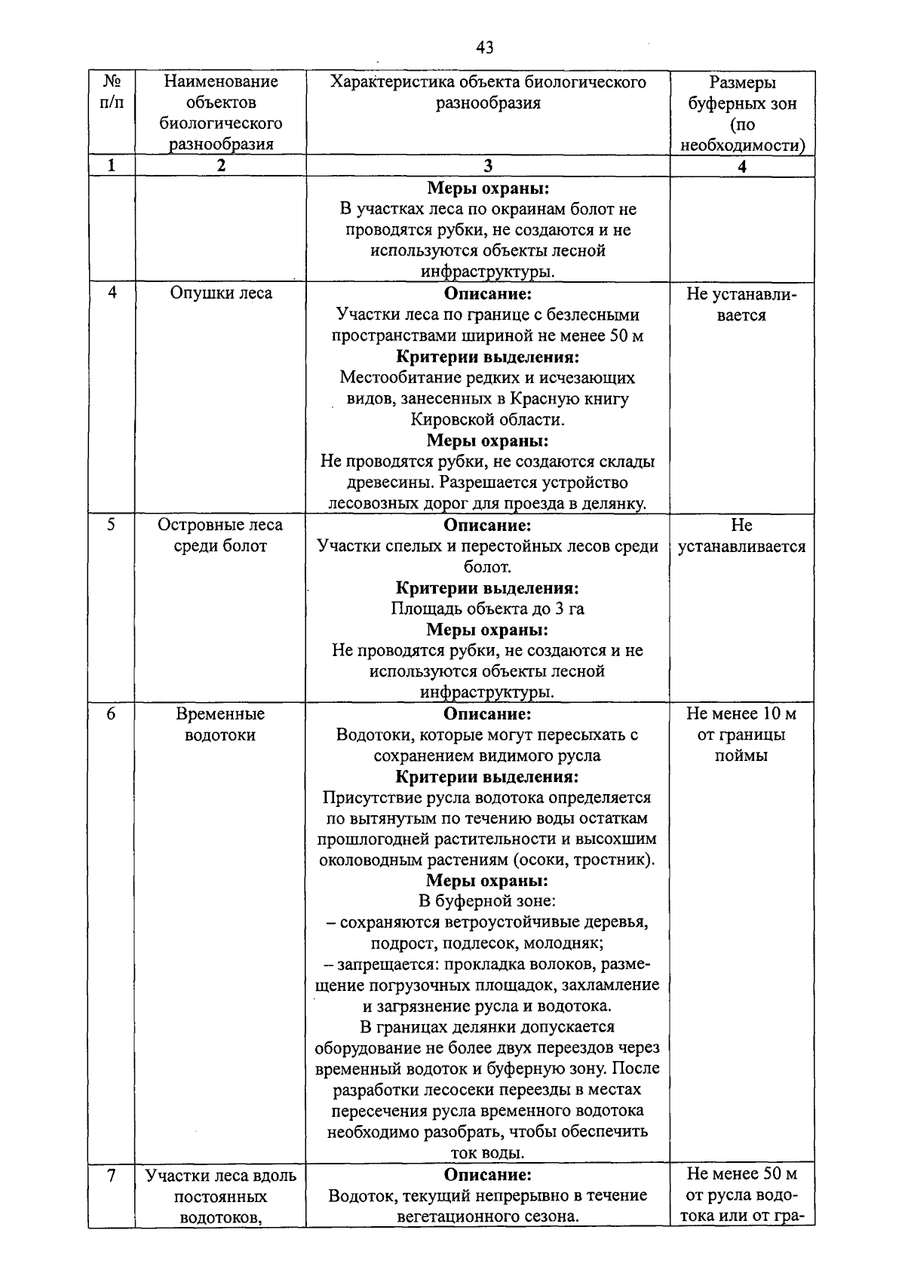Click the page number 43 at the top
pyautogui.click(x=485, y=48)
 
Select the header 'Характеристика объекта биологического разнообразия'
pyautogui.click(x=488, y=92)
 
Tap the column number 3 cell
pyautogui.click(x=488, y=167)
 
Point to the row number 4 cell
pyautogui.click(x=112, y=293)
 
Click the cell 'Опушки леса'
pyautogui.click(x=220, y=293)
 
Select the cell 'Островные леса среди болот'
pyautogui.click(x=220, y=535)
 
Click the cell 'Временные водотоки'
pyautogui.click(x=220, y=724)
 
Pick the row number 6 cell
pyautogui.click(x=112, y=713)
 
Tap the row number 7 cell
pyautogui.click(x=112, y=1175)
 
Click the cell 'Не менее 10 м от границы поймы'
pyautogui.click(x=742, y=735)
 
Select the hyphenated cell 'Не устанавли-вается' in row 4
pyautogui.click(x=742, y=304)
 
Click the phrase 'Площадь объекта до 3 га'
pyautogui.click(x=487, y=609)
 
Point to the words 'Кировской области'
pyautogui.click(x=487, y=419)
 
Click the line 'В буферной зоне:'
pyautogui.click(x=487, y=900)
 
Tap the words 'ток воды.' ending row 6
pyautogui.click(x=487, y=1153)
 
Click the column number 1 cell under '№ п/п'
pyautogui.click(x=112, y=167)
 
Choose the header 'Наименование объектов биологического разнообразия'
pyautogui.click(x=220, y=112)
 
